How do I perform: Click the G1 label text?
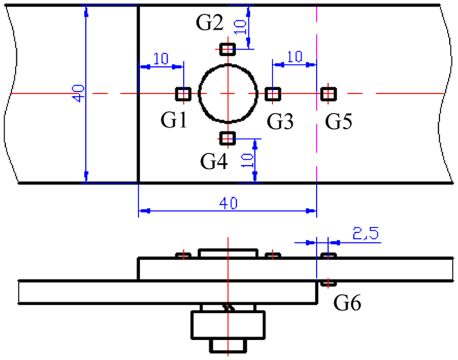click(173, 120)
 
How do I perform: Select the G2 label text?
click(210, 23)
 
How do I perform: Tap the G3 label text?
click(280, 121)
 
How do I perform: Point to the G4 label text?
click(214, 162)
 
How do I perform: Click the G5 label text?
click(339, 121)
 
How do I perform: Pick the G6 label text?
click(347, 303)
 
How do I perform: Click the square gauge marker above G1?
click(184, 94)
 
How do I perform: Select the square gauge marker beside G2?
click(228, 49)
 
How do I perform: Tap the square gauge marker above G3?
click(273, 94)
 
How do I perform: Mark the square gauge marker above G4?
click(228, 138)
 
